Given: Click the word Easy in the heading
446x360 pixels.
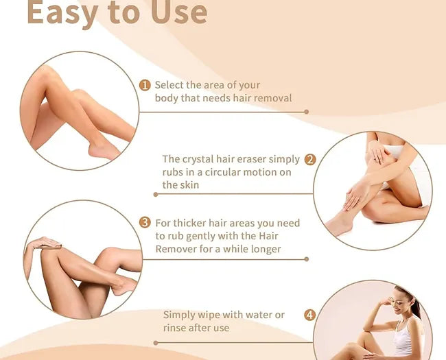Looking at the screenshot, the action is coord(62,13).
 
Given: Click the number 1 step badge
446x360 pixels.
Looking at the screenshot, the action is coord(145,85).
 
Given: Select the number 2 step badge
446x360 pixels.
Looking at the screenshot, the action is coord(310,160).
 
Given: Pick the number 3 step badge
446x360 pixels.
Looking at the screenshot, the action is coord(145,222).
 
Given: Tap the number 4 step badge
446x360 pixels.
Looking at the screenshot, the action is coord(309,315).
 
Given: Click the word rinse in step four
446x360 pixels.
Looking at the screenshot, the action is coord(174,328).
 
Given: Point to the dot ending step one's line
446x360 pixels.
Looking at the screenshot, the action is coord(306,112).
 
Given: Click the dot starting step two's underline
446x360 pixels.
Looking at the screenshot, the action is coord(156,195).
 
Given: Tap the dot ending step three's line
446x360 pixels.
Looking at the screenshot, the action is coord(306,259).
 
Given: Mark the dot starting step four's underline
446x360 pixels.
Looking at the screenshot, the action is coord(156,343).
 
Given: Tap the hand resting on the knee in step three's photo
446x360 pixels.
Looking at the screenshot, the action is coord(46,243).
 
